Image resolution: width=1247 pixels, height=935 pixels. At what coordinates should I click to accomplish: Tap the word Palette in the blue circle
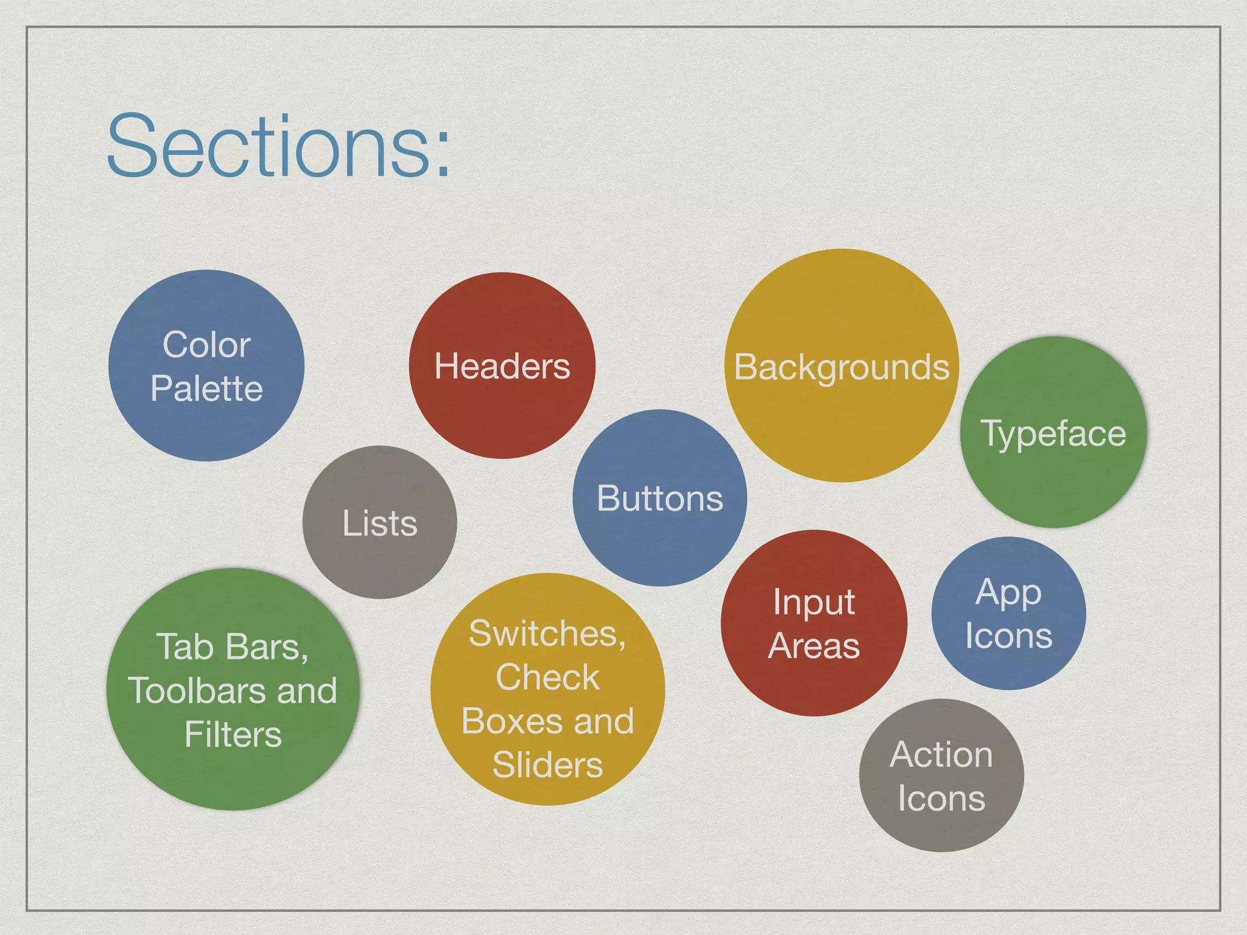206,389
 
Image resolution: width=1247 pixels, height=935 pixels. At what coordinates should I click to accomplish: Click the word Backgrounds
841,368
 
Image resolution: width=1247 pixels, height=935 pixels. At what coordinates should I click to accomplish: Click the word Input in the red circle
813,603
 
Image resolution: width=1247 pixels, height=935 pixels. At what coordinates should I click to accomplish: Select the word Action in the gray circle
941,755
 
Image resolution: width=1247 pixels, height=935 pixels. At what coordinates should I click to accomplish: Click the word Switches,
547,634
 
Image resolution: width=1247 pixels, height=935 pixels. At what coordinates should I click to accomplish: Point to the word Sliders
547,765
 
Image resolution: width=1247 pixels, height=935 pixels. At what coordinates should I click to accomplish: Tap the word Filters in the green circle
233,735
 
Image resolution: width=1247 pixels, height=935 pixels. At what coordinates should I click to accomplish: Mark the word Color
206,345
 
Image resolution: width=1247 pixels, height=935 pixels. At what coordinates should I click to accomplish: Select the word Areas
813,646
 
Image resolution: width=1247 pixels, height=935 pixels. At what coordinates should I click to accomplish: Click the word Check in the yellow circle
547,678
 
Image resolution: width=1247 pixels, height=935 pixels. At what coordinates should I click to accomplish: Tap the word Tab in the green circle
184,647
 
